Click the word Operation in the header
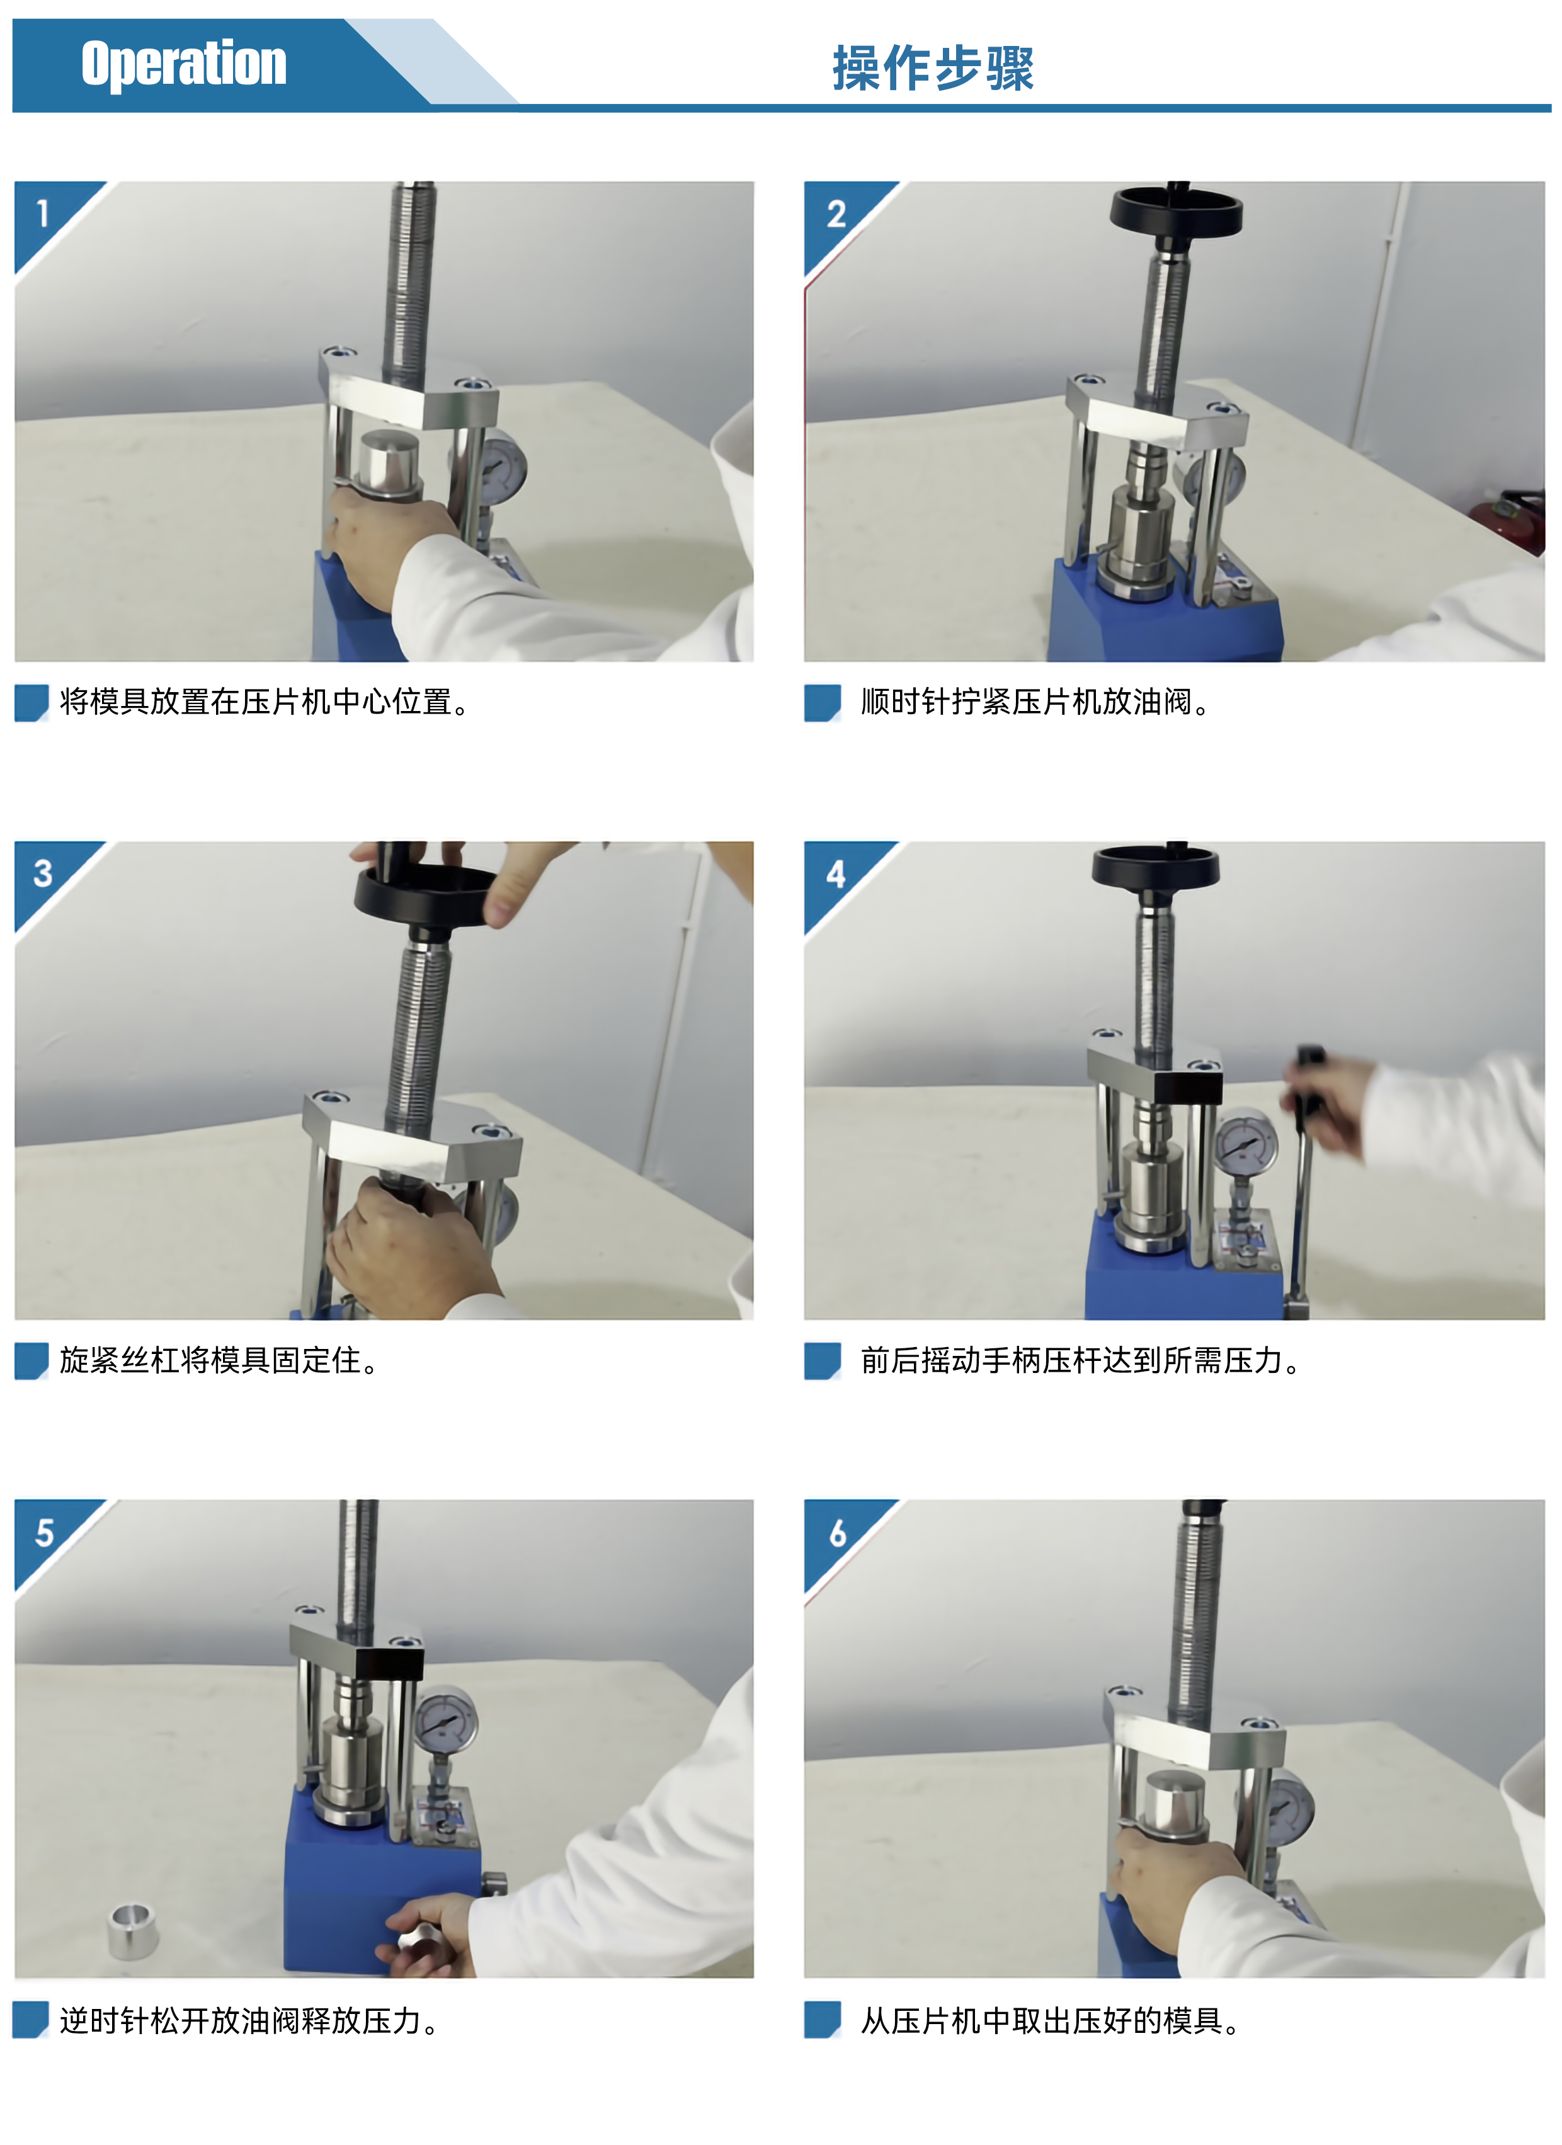(x=183, y=64)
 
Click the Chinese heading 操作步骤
(x=933, y=68)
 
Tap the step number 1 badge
(x=43, y=213)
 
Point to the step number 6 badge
(x=837, y=1533)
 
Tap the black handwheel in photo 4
(x=1155, y=867)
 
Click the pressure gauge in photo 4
(x=1245, y=1146)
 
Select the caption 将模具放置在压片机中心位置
(x=265, y=702)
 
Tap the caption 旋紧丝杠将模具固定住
(x=219, y=1360)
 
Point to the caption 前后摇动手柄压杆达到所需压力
(x=1080, y=1360)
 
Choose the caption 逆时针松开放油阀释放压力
(x=249, y=2020)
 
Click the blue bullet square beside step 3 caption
(x=31, y=1361)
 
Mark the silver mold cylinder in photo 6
(x=1176, y=1806)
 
